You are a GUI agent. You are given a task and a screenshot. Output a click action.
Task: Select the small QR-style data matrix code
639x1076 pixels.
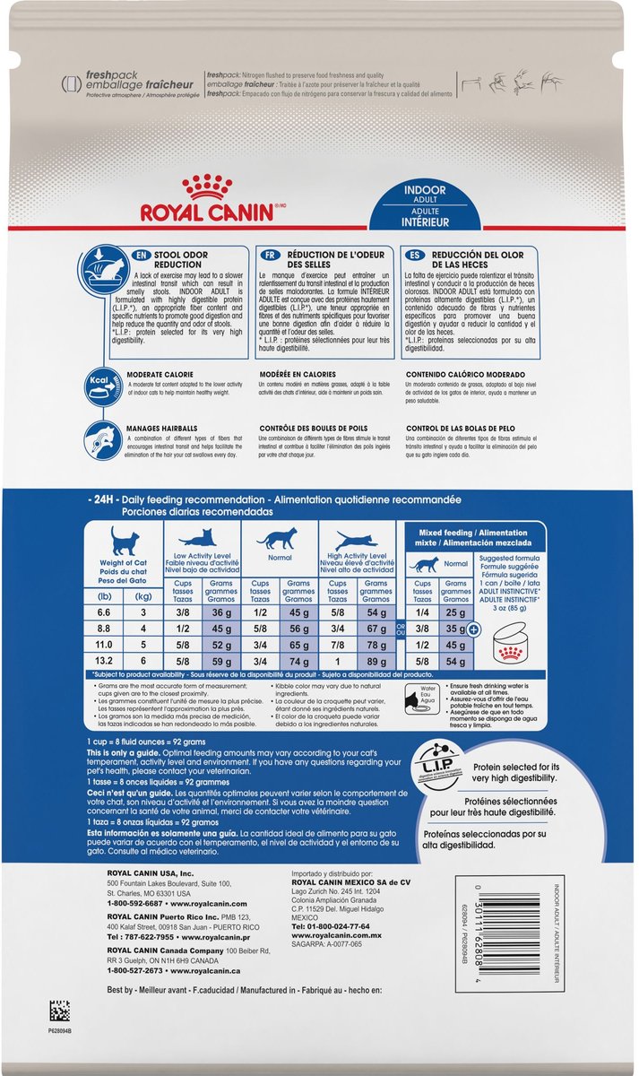tap(59, 1035)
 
